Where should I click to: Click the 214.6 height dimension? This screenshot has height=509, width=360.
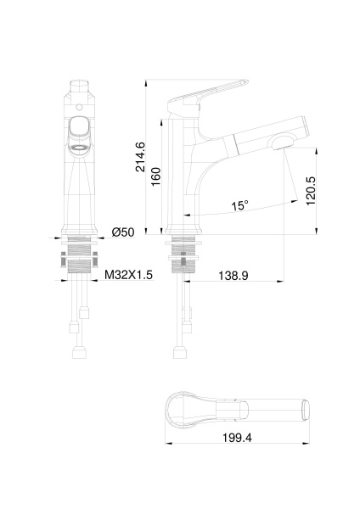pyautogui.click(x=142, y=157)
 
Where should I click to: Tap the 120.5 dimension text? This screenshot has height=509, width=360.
pyautogui.click(x=310, y=189)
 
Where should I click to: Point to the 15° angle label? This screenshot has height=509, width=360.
pyautogui.click(x=240, y=205)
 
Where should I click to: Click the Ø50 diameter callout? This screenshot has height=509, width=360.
pyautogui.click(x=124, y=232)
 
